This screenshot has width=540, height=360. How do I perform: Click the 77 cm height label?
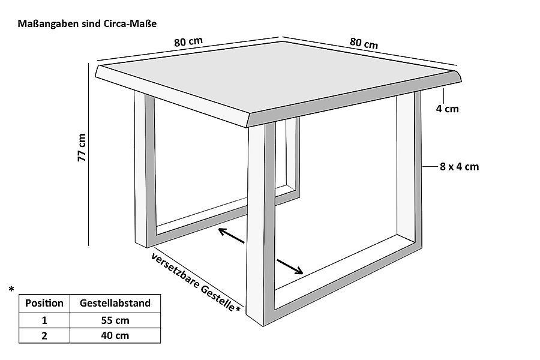82,147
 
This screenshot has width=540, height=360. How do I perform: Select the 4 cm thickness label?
447,109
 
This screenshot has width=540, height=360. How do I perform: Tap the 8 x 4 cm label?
460,167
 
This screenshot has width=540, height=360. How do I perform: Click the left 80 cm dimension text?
188,42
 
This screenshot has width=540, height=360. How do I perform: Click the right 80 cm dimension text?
364,43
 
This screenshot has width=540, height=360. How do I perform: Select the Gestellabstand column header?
115,303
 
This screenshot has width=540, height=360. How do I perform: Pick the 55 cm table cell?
115,320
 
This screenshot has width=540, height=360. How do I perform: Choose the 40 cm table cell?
115,335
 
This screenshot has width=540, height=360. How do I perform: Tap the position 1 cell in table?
44,320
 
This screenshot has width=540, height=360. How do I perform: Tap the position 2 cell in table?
44,335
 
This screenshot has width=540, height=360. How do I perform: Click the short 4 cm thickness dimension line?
443,95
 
